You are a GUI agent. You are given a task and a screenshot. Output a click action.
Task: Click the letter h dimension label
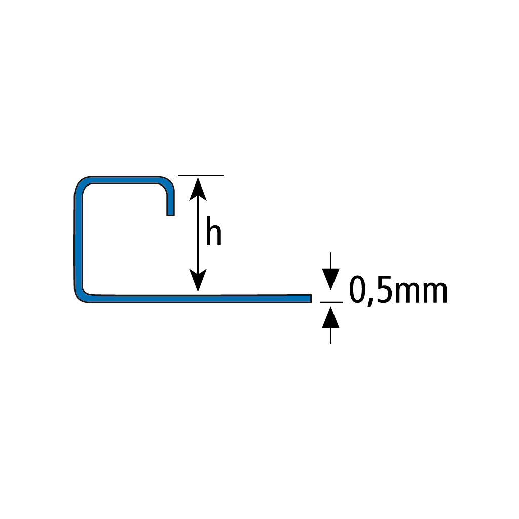213,231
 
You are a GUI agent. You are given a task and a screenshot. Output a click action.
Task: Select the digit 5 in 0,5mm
385,289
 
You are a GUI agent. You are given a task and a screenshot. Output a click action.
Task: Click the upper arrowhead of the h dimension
198,189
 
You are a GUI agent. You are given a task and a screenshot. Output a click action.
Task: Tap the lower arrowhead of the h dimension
198,280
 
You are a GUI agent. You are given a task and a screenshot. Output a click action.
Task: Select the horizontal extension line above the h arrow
201,175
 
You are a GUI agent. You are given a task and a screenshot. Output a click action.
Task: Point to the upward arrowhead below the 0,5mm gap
330,317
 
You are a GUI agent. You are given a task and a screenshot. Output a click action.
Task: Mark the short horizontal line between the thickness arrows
331,302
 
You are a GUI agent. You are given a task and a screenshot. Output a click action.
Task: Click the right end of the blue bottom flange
311,299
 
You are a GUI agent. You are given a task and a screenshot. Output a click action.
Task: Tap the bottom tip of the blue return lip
170,215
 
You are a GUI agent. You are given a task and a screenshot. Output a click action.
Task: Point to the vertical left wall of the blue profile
78,242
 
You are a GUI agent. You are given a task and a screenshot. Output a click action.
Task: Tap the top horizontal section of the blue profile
124,180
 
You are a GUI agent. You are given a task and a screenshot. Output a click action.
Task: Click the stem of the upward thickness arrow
330,336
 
